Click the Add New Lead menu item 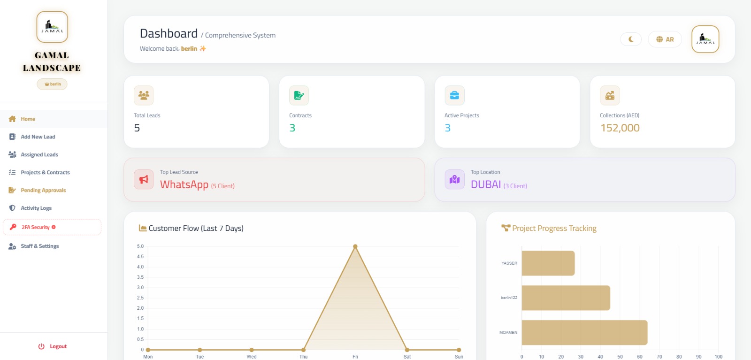pos(38,137)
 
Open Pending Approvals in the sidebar pos(43,191)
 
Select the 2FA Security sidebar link pos(36,227)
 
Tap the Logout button pos(53,346)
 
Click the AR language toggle pos(665,39)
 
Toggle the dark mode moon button pos(631,39)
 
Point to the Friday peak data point pos(355,246)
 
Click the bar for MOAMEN pos(584,332)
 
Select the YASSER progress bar pos(548,263)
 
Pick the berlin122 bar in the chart pos(566,298)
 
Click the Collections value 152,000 pos(620,128)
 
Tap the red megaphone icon pos(144,179)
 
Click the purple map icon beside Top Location pos(454,179)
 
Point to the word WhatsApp pos(184,185)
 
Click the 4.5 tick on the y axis pos(140,257)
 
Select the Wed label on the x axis pos(252,357)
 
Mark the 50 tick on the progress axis pos(620,357)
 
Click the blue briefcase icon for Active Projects pos(454,95)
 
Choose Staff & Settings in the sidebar pos(39,246)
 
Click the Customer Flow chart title pos(196,229)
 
